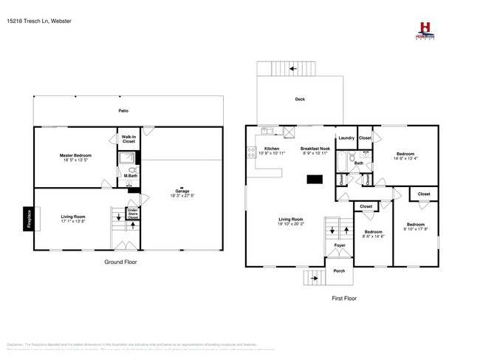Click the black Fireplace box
click(30, 219)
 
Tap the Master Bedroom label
click(75, 156)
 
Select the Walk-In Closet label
click(128, 138)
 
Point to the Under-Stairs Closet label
click(133, 214)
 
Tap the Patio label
click(124, 111)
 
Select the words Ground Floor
click(120, 262)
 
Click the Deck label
click(300, 100)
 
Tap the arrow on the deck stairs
click(293, 69)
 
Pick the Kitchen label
click(272, 149)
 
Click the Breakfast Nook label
click(314, 149)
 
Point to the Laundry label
click(346, 138)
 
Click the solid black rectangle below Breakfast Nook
click(315, 179)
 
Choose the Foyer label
click(340, 245)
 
